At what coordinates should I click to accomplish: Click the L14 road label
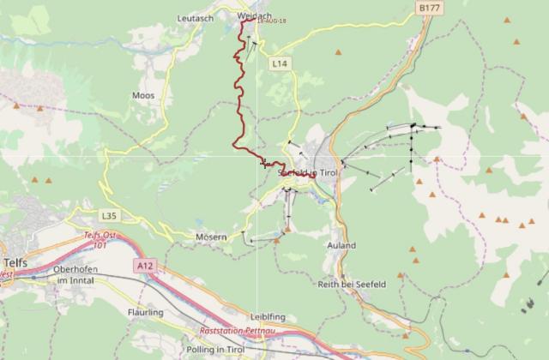click(x=278, y=64)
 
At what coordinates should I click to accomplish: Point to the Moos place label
click(x=143, y=95)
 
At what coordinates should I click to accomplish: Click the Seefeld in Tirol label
click(x=310, y=172)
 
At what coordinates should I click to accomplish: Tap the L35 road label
click(x=108, y=215)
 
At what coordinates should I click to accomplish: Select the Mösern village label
click(x=211, y=236)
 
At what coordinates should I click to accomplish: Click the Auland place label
click(x=341, y=245)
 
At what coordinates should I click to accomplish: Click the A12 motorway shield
click(x=144, y=267)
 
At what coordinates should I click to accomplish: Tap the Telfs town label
click(x=15, y=263)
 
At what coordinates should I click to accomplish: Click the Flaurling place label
click(x=144, y=313)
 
